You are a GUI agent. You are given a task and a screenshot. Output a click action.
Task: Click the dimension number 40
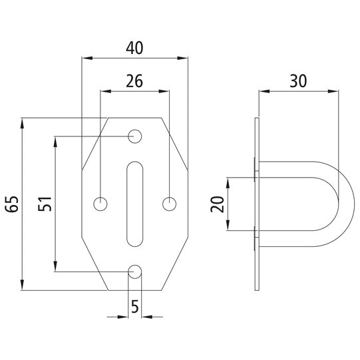(x=134, y=47)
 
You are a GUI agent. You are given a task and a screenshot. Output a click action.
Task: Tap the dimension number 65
(x=11, y=205)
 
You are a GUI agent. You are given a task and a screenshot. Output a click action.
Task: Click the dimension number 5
(x=135, y=307)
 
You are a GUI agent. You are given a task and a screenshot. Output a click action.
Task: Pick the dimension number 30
(x=297, y=81)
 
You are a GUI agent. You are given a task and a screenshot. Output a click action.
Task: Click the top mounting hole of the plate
(x=135, y=136)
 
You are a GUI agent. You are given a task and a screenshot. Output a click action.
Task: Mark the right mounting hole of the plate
(x=169, y=204)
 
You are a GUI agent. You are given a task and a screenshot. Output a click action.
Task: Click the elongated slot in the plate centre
(x=135, y=204)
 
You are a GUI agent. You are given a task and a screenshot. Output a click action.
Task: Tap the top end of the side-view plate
(x=258, y=121)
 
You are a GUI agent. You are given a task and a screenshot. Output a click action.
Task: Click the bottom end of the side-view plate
(x=258, y=287)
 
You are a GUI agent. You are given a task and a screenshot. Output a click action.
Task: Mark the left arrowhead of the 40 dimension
(x=85, y=58)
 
